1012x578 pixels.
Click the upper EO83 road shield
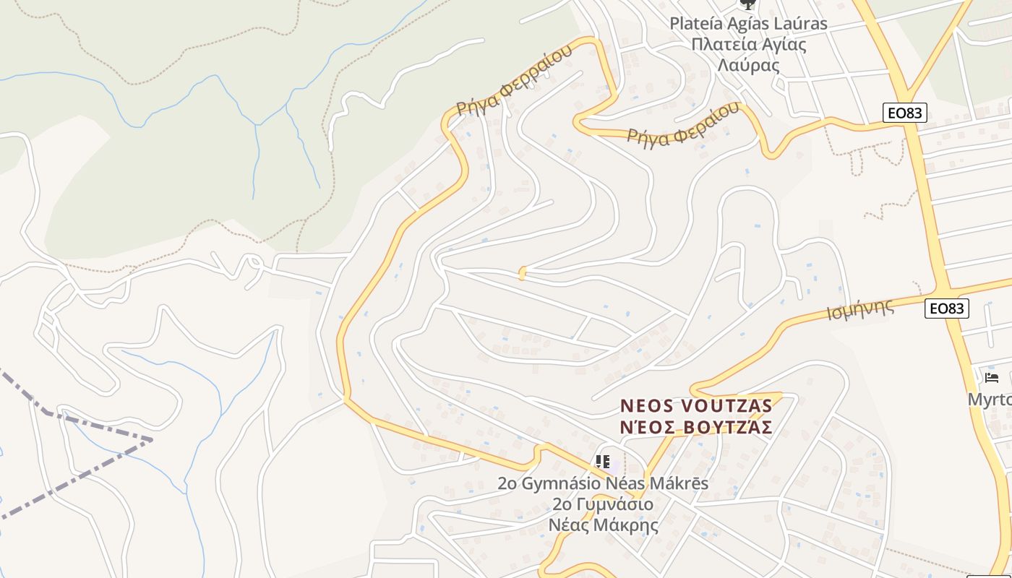904,112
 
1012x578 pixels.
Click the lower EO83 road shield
947,309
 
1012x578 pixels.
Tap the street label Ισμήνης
859,310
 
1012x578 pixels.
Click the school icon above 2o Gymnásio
603,461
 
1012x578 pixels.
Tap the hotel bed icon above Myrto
992,377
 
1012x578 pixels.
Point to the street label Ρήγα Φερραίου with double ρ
515,79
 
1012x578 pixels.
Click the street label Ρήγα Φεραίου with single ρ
683,124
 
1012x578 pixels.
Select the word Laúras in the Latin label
799,23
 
